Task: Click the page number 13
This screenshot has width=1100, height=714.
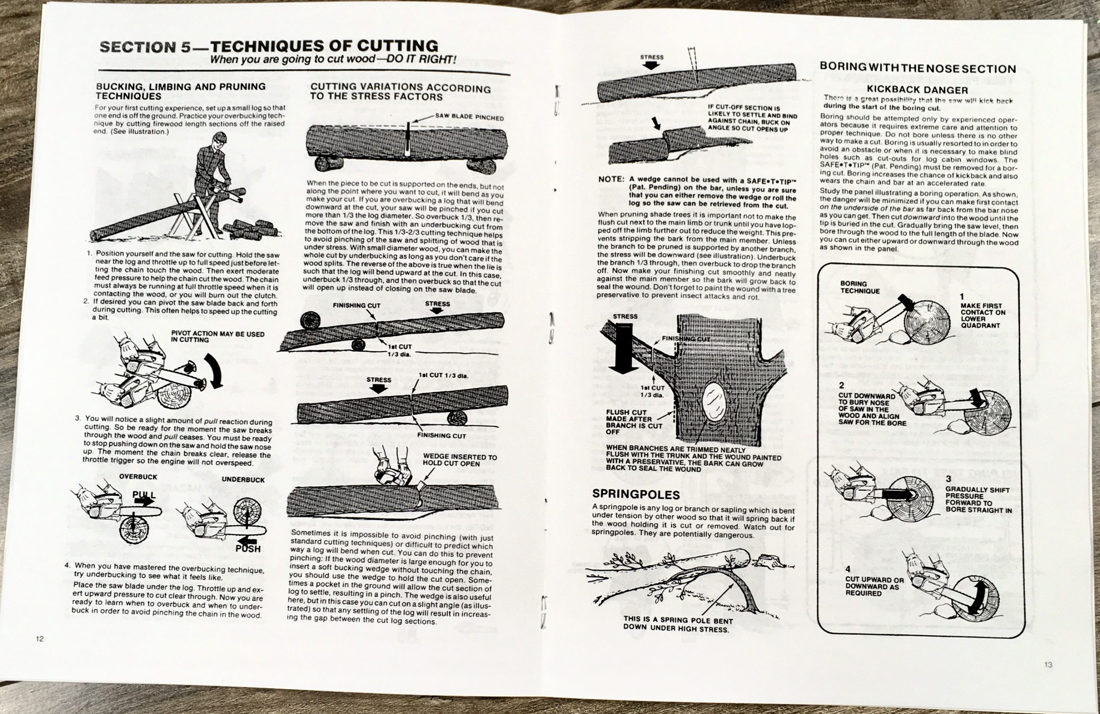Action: tap(1048, 665)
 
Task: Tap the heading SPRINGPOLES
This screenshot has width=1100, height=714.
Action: tap(636, 495)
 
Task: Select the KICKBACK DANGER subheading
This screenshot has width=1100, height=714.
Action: tap(917, 90)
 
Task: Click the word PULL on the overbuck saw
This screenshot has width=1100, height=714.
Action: tap(144, 495)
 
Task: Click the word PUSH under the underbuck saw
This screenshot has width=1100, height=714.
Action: tap(248, 549)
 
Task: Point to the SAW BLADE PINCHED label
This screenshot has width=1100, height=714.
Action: tap(469, 117)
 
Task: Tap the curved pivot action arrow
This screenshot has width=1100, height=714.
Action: tap(216, 370)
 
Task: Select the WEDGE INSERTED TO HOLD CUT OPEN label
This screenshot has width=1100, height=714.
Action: tap(459, 460)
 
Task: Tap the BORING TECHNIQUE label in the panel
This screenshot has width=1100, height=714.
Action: tap(853, 287)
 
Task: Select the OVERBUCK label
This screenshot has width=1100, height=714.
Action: tap(138, 476)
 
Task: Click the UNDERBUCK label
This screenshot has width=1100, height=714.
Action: tap(243, 480)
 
